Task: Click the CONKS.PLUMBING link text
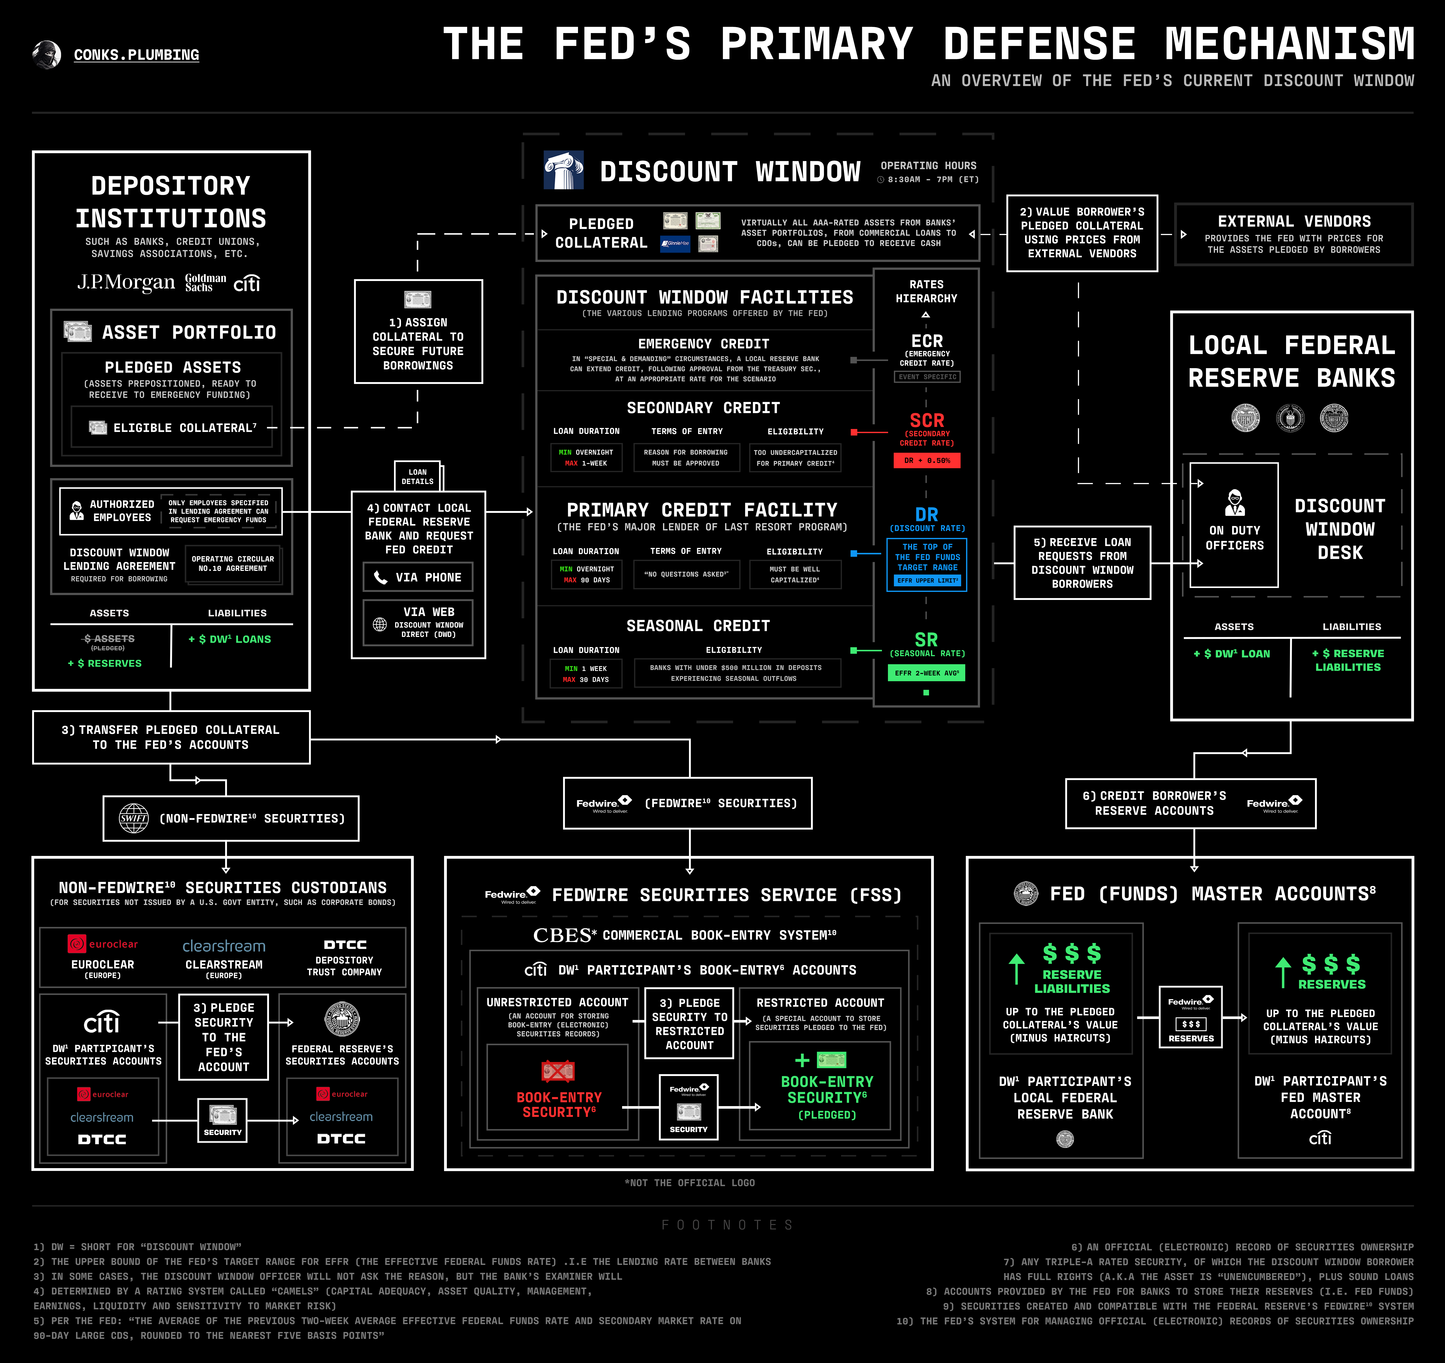click(x=136, y=55)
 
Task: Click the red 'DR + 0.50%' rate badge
click(x=927, y=460)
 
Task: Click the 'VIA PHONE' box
click(x=418, y=577)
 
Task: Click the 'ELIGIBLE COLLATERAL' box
click(x=172, y=427)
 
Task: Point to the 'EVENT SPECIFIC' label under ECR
click(x=927, y=376)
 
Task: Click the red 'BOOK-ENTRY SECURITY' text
click(x=559, y=1104)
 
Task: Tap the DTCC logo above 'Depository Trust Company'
click(x=344, y=944)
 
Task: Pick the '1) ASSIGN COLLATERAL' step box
click(x=418, y=332)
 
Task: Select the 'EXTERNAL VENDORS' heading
click(x=1294, y=221)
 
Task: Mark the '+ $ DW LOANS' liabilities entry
click(x=230, y=639)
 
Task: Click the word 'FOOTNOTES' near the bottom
click(x=727, y=1225)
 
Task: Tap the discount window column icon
click(x=563, y=170)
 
